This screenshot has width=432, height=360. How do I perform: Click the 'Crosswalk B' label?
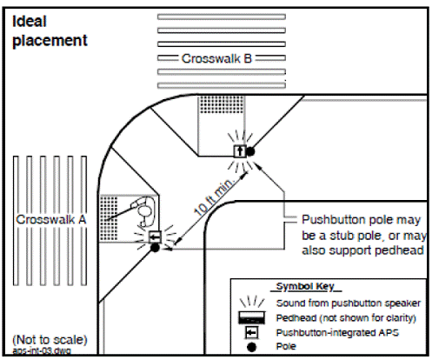pos(216,58)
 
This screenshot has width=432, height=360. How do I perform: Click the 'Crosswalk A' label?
pos(51,219)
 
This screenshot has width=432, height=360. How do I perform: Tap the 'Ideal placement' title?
pos(50,31)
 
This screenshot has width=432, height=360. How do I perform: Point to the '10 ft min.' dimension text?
pos(214,197)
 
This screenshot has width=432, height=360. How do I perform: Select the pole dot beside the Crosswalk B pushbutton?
pos(250,151)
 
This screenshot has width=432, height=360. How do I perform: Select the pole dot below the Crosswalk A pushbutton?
pos(156,248)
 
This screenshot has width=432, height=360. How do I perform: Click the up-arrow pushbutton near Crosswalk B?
pos(240,151)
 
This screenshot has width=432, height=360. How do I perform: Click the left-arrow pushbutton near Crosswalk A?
pos(155,237)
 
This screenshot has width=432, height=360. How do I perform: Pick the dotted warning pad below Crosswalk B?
pos(222,105)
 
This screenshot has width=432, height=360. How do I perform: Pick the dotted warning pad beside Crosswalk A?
pos(109,218)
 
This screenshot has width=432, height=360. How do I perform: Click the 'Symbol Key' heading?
pos(306,286)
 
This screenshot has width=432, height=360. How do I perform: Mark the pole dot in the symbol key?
pos(251,347)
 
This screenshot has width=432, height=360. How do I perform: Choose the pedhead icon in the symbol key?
pos(251,317)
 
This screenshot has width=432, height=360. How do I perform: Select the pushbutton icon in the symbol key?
pos(251,332)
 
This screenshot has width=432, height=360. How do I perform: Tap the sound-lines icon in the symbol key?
pos(252,302)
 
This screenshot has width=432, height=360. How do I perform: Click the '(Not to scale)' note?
pos(50,340)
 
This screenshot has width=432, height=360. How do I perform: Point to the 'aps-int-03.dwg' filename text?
pos(42,350)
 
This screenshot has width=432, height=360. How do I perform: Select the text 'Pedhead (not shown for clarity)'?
pos(346,318)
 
